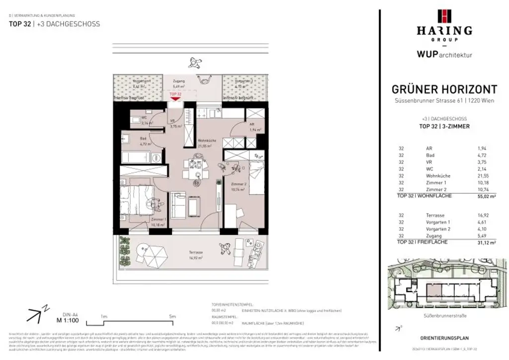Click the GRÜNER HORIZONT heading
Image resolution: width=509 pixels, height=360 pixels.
[x=444, y=90]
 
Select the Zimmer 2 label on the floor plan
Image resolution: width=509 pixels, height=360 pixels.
[x=239, y=183]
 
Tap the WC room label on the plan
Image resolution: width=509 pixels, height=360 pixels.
[x=136, y=117]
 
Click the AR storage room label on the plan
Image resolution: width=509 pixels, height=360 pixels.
[x=252, y=124]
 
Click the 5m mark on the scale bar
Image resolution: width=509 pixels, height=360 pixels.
[x=172, y=316]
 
